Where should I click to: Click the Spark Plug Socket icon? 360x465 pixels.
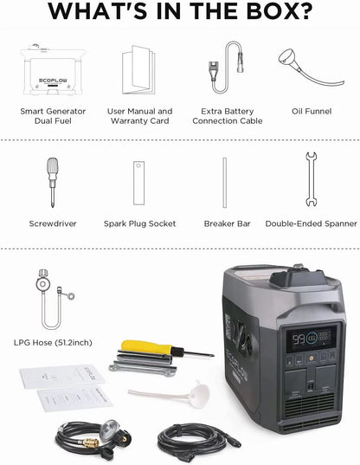point(138,183)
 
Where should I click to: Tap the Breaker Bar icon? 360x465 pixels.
point(225,183)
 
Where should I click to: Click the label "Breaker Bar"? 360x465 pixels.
point(227,223)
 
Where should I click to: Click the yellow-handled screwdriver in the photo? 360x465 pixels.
point(164,350)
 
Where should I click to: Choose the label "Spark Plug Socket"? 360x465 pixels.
point(139,223)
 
